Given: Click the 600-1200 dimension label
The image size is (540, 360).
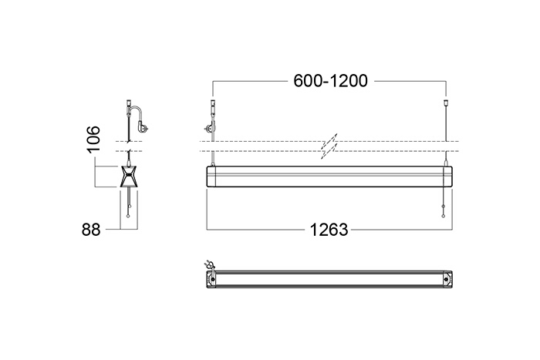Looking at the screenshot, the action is [x=331, y=81].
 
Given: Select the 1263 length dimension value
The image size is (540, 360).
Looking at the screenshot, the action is [x=329, y=230].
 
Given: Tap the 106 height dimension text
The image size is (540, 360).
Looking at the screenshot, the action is [x=93, y=139].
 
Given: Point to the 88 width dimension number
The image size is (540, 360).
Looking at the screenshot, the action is [x=91, y=229].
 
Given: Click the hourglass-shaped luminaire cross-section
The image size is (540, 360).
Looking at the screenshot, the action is [x=129, y=177].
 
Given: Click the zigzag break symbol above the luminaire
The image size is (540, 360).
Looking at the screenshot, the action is [x=329, y=146].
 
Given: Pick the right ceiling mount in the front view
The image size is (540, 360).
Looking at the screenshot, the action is [x=447, y=103].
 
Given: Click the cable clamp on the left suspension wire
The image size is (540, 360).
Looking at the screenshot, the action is [x=209, y=130].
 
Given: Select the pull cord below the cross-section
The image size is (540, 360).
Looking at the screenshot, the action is [x=129, y=203].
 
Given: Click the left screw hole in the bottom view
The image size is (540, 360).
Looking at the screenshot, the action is [x=212, y=279].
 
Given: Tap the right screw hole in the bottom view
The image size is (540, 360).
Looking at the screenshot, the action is [x=447, y=279].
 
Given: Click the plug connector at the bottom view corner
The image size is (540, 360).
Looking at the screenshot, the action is [x=209, y=264].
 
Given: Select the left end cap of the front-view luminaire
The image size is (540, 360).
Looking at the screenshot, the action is [x=211, y=177].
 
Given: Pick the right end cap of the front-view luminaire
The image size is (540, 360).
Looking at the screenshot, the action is [x=447, y=177].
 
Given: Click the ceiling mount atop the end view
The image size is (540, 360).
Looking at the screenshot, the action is [x=129, y=103].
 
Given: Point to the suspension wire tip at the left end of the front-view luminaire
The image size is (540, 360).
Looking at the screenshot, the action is [x=212, y=164].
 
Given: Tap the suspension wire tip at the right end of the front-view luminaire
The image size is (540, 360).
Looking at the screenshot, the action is [x=447, y=164].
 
